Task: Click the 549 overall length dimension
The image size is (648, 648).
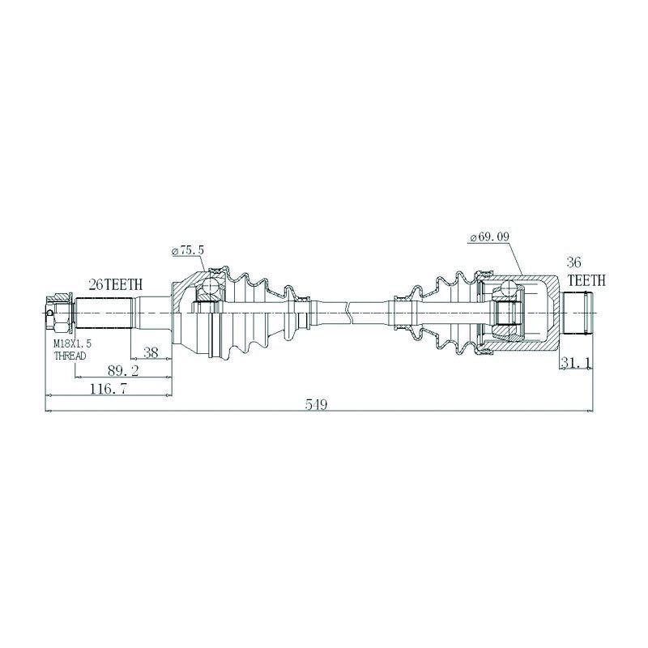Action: click(x=316, y=404)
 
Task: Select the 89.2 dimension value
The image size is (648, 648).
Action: click(x=123, y=371)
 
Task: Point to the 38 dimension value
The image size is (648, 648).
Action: click(x=151, y=352)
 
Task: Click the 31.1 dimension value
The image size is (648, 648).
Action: click(x=577, y=362)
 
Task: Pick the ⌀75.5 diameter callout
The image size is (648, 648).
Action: click(x=187, y=251)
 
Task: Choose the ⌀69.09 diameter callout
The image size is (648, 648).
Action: click(x=490, y=237)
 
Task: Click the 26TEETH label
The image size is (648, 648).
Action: click(x=116, y=284)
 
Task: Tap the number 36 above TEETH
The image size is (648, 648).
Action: click(x=573, y=262)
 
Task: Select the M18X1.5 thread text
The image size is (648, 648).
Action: click(x=73, y=343)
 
